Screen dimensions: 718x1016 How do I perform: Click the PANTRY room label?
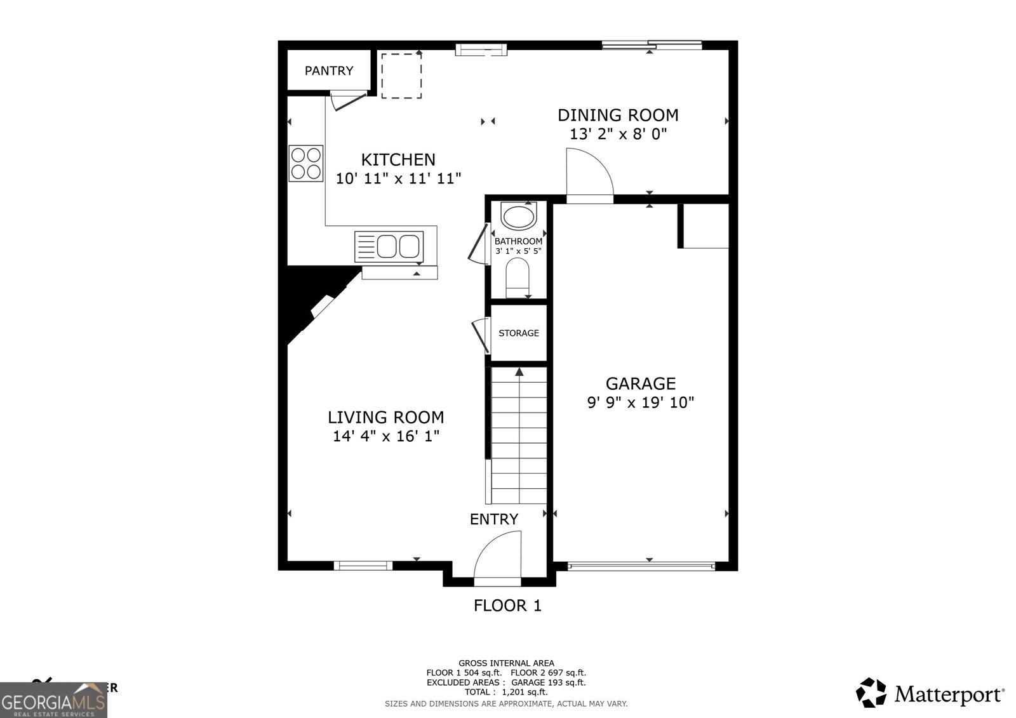point(328,70)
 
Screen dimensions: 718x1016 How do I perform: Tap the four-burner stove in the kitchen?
point(306,163)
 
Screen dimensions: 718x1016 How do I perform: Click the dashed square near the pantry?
point(401,76)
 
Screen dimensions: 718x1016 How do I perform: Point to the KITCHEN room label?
point(398,159)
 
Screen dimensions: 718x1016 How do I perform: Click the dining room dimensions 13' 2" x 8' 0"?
point(618,135)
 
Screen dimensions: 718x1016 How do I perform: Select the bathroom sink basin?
point(518,216)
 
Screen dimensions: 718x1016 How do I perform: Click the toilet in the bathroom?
point(518,277)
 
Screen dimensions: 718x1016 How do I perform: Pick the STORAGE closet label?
point(518,333)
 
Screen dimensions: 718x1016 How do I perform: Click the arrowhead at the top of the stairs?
point(519,372)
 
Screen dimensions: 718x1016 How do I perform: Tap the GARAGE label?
point(640,383)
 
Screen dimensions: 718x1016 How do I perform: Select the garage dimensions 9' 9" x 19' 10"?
point(640,402)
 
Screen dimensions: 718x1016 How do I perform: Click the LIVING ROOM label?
point(385,417)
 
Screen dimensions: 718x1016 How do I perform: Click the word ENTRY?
point(493,519)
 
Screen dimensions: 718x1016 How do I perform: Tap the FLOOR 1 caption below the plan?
point(507,606)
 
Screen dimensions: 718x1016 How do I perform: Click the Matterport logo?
point(930,693)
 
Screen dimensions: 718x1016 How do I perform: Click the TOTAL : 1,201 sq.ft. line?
point(505,692)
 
